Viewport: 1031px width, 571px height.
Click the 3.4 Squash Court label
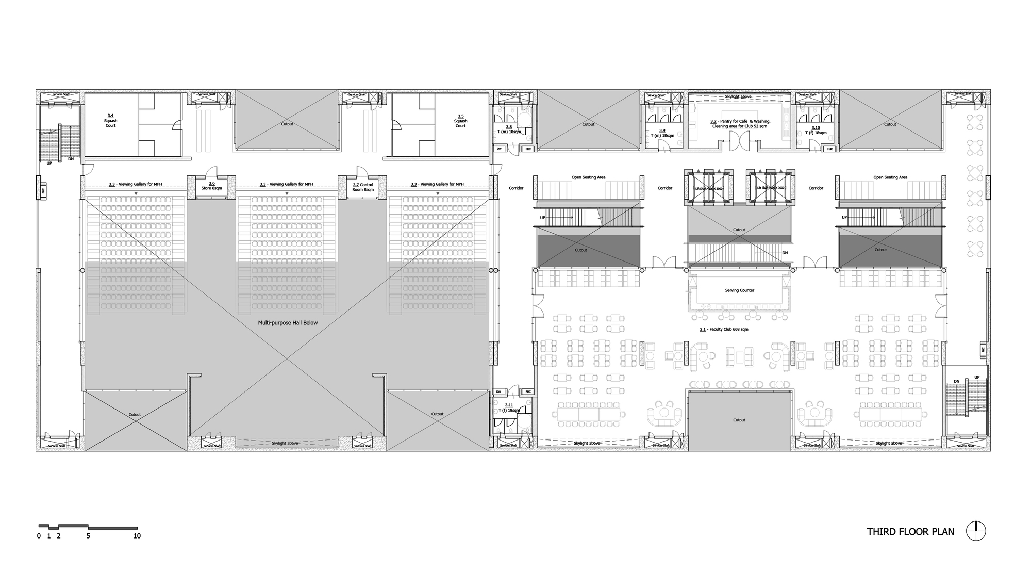110,121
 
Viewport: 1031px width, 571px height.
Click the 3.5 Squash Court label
460,121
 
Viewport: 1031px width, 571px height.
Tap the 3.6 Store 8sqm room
211,186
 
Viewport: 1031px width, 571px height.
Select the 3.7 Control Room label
363,187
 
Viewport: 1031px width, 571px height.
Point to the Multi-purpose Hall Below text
288,323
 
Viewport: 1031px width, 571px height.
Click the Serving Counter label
739,290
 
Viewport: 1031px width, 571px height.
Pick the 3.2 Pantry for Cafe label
740,124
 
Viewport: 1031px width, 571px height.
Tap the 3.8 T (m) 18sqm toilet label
509,129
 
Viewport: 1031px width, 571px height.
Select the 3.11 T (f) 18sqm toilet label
509,407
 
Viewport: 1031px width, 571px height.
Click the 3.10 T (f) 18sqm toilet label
816,130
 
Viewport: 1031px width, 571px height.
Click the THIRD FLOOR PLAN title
910,532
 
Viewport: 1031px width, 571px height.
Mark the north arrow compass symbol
976,531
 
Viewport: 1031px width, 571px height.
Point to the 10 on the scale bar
137,536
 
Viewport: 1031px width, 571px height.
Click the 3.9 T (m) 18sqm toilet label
662,133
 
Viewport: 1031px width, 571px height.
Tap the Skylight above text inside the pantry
738,97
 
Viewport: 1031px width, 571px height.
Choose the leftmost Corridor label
516,188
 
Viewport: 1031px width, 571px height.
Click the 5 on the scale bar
88,536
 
